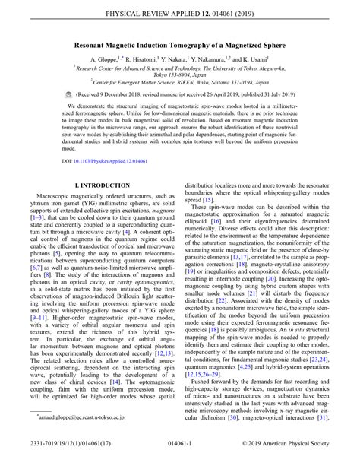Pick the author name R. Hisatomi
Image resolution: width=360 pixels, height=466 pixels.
[x=150, y=60]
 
